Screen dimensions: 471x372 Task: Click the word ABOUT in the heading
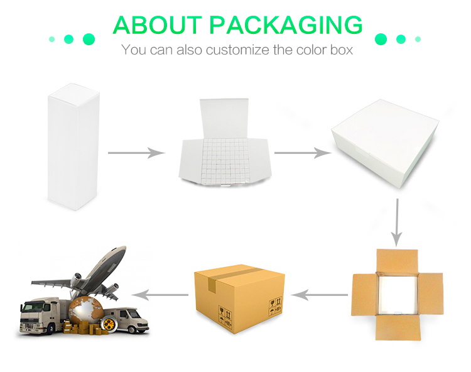[158, 25]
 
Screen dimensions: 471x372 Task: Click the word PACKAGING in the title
[286, 25]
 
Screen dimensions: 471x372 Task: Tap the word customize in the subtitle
[237, 50]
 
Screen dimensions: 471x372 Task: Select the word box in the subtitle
[342, 50]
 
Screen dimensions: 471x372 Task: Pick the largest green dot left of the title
[89, 39]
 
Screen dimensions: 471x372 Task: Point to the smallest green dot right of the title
[418, 39]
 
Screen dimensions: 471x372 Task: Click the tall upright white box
[73, 146]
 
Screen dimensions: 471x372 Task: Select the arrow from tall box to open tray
[136, 153]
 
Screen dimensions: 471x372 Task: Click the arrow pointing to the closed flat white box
[303, 153]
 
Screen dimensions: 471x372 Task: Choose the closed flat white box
[385, 143]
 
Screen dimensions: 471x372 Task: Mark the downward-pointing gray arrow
[397, 222]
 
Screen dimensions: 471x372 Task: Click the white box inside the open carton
[397, 295]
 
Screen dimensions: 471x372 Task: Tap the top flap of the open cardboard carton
[397, 261]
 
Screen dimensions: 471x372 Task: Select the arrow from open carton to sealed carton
[319, 295]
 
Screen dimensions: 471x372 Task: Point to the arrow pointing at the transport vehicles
[160, 295]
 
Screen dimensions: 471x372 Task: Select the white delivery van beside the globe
[126, 320]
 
